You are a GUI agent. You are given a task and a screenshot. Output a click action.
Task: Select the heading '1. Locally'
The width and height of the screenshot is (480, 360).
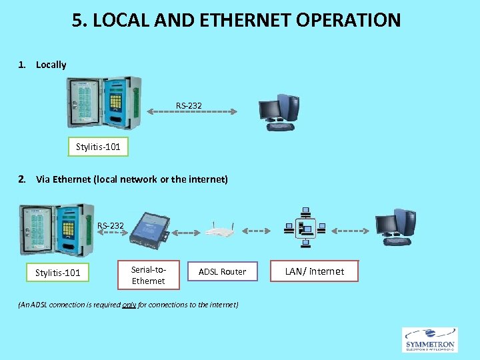coord(43,65)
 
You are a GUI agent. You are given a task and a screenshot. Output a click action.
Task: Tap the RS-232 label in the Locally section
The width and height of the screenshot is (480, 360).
coord(189,105)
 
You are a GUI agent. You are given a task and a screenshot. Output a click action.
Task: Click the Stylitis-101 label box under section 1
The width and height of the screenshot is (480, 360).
coord(98,147)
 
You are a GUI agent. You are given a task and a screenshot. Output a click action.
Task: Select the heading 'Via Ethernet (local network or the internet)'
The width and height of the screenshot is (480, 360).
coord(131,179)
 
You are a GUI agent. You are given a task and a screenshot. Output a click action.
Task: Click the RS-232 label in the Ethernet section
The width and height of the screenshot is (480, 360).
coord(111,225)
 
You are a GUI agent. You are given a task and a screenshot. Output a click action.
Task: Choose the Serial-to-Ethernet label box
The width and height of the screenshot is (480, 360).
coord(148,275)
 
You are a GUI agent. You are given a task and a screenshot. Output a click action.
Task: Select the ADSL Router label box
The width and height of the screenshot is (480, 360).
coord(223,271)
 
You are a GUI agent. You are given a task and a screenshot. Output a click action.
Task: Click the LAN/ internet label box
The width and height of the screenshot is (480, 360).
coord(315,271)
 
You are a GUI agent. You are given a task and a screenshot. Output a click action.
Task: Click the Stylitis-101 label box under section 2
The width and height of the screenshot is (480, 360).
coord(58,272)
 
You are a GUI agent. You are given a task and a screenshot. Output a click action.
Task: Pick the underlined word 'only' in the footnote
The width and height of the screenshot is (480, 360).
coord(129,305)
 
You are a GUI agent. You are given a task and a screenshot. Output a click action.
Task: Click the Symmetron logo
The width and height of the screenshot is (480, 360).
coord(429,339)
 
